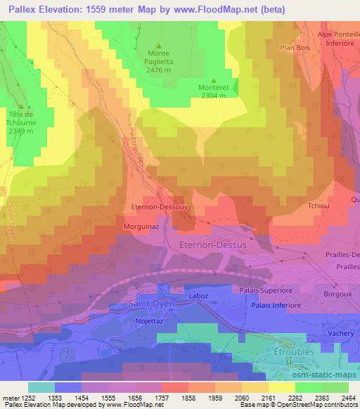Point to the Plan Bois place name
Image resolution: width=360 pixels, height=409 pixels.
tap(295, 48)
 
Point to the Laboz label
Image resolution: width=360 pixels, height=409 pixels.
tap(198, 297)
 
